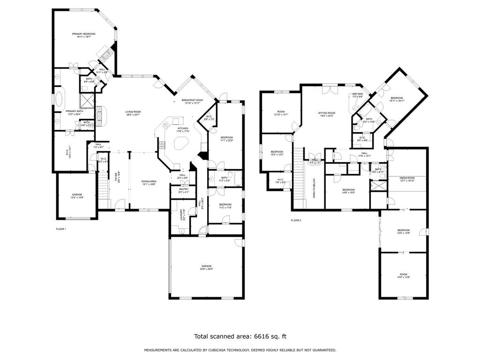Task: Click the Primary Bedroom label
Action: (83, 35)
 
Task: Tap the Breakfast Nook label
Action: (192, 101)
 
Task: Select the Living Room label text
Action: (133, 113)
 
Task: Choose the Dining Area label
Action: (149, 182)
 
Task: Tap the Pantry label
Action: (184, 190)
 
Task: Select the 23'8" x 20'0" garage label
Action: (207, 267)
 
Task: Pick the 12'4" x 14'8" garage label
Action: (77, 196)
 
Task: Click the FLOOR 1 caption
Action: (61, 229)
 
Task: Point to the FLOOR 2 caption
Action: (296, 220)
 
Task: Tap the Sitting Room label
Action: (327, 114)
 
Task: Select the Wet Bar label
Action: (358, 95)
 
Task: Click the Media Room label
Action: (407, 179)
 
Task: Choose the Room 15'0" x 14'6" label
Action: (404, 276)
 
